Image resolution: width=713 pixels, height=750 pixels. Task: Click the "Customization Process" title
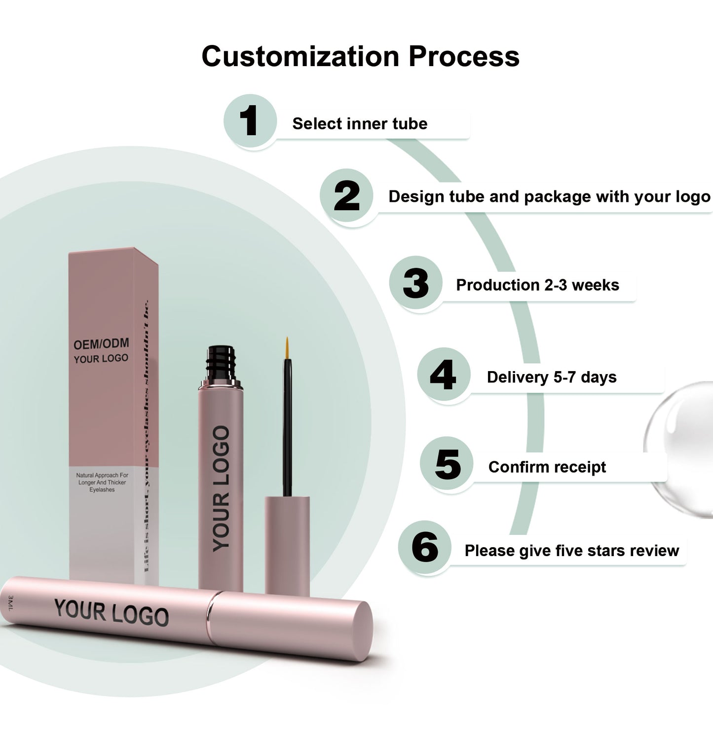(x=360, y=56)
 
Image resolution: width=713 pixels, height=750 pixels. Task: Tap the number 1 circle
(x=250, y=121)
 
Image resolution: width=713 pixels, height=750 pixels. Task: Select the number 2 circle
(x=346, y=196)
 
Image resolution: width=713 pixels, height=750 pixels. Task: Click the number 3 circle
(x=415, y=283)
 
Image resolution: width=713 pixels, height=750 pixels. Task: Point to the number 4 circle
(x=443, y=375)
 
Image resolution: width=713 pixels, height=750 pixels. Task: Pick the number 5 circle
(x=447, y=464)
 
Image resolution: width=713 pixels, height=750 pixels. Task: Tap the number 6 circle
(x=425, y=547)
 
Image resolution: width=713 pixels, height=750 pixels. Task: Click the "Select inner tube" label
(x=360, y=123)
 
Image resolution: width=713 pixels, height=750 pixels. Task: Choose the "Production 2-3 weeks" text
(x=537, y=285)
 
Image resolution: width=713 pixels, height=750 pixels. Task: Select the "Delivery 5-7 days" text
(x=552, y=377)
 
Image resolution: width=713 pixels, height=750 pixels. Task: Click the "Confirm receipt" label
(x=547, y=467)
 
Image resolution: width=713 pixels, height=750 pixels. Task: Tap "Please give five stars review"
(x=572, y=550)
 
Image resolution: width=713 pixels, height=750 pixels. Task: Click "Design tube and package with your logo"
(x=549, y=196)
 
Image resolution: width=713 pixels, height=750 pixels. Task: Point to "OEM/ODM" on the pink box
(x=101, y=343)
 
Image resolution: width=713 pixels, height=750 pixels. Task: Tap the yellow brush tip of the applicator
(x=287, y=347)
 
